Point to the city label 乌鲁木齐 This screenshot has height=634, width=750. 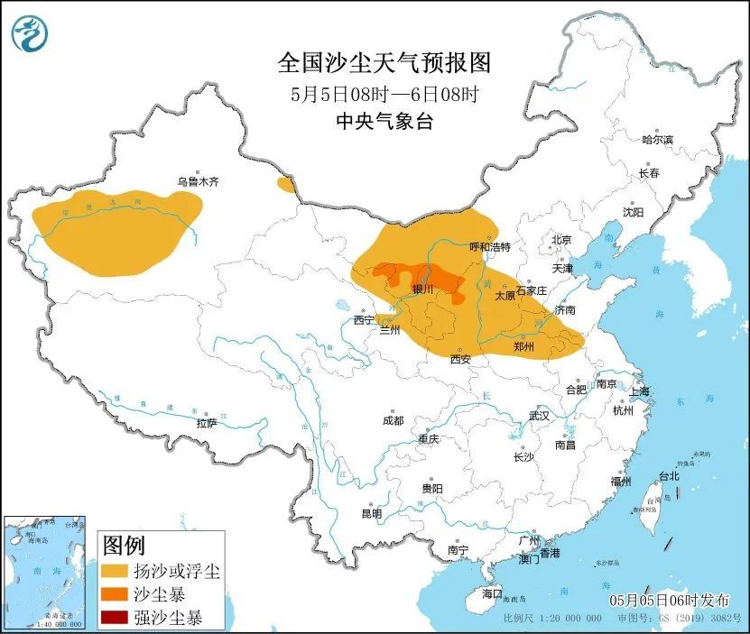point(198,181)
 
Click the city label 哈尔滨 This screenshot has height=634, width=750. point(657,140)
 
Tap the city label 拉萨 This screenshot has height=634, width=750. point(206,423)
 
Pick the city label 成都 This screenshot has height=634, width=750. point(393,420)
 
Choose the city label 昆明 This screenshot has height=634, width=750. point(371,513)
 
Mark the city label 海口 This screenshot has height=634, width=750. point(491,594)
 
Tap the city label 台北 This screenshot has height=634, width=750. point(668,475)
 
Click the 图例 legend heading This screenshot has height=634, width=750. point(124,546)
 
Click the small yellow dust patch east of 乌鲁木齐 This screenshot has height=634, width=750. point(286,185)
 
